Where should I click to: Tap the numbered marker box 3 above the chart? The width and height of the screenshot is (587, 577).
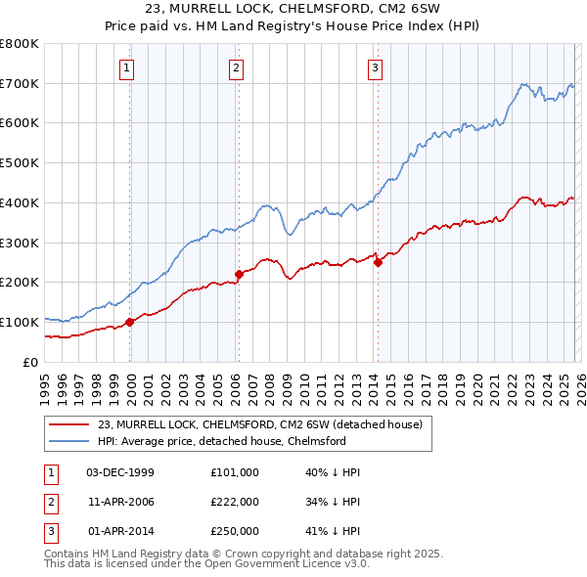coord(376,67)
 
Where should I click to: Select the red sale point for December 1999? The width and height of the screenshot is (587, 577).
coord(130,321)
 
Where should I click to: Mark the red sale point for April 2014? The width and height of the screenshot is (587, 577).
coord(378,261)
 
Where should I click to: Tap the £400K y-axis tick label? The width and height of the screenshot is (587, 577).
coord(20,202)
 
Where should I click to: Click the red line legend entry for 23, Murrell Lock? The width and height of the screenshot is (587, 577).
coord(259,424)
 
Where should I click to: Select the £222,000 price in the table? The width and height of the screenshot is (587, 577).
coord(235,502)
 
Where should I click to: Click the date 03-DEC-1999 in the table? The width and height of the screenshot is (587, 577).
coord(120,471)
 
